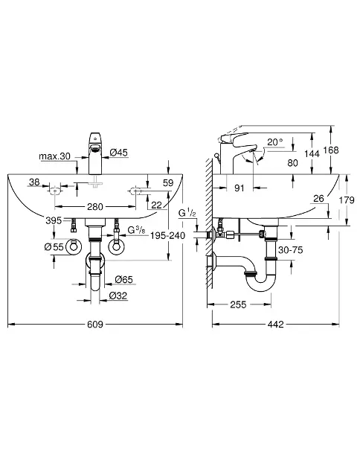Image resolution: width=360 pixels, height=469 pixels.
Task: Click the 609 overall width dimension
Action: click(x=95, y=325)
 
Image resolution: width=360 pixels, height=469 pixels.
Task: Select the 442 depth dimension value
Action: click(x=275, y=325)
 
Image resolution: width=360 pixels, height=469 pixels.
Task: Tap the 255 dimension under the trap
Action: click(x=238, y=304)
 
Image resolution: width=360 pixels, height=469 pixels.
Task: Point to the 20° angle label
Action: click(x=275, y=141)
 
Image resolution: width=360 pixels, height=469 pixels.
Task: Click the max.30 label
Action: click(x=54, y=156)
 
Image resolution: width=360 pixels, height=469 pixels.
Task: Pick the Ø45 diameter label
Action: click(x=118, y=153)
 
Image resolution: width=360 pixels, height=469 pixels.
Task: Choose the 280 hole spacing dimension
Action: click(x=95, y=207)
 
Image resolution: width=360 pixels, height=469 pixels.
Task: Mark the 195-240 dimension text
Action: click(x=167, y=235)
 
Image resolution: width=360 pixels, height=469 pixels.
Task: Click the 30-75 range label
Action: click(x=290, y=249)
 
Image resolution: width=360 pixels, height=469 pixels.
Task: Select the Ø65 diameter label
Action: click(x=123, y=280)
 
